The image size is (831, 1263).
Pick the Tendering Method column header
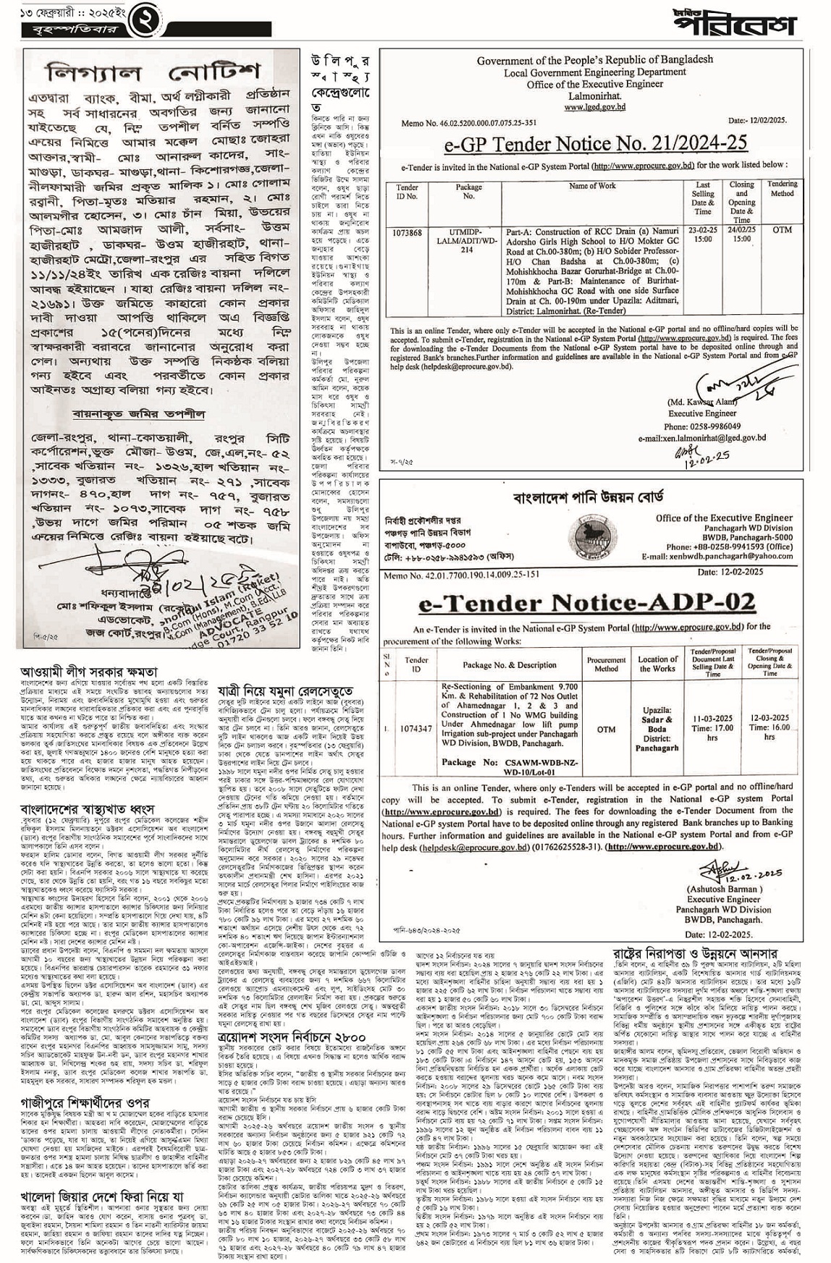pyautogui.click(x=782, y=188)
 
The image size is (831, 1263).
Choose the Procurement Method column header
pyautogui.click(x=607, y=664)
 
